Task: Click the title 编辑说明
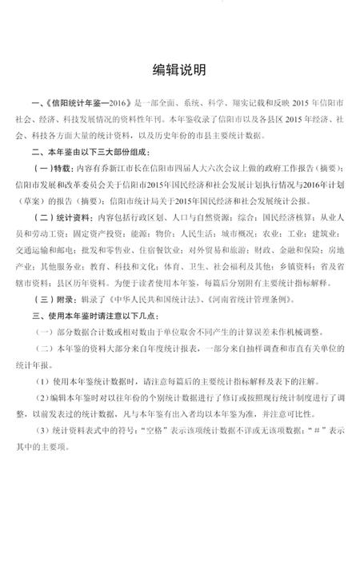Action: [x=179, y=70]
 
